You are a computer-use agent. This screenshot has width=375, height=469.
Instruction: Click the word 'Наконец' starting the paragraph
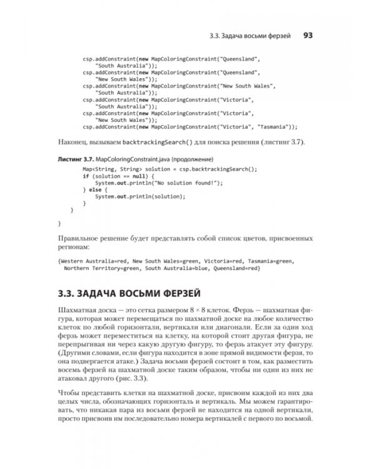click(x=73, y=143)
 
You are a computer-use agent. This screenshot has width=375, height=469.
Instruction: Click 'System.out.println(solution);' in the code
click(x=140, y=196)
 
